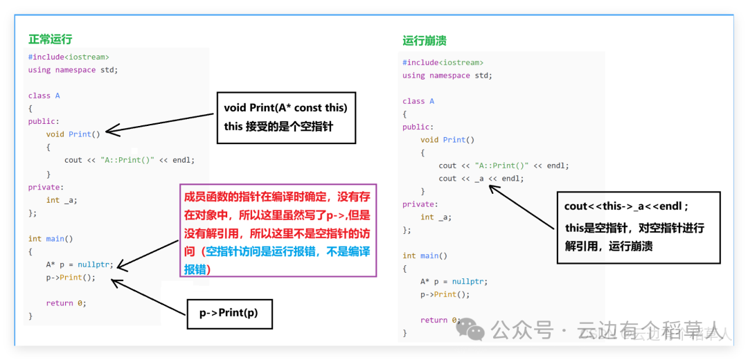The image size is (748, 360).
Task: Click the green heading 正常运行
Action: pos(50,39)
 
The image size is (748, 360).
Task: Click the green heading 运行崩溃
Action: pos(424,41)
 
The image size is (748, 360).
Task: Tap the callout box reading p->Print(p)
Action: pos(229,314)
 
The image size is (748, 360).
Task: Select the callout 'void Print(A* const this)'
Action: pos(286,118)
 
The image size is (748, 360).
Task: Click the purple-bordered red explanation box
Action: pos(278,231)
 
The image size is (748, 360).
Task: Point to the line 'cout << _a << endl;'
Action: pos(481,179)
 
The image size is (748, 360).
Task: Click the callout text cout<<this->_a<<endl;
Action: pos(627,206)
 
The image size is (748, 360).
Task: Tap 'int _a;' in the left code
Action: pos(62,200)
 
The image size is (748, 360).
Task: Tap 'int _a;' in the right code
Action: pos(436,217)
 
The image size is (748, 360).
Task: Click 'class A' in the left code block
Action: pos(44,96)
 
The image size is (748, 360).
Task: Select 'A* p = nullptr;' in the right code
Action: pos(454,281)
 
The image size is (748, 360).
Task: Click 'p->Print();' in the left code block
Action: pos(71,278)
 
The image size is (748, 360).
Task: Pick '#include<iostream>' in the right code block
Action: pos(443,62)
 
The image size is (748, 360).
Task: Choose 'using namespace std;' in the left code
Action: pos(73,70)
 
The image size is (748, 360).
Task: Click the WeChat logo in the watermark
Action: pos(470,330)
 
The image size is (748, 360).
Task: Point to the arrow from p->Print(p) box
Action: pos(148,298)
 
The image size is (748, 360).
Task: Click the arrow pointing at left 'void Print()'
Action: pos(159,123)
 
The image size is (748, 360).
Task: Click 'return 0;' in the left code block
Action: pos(66,303)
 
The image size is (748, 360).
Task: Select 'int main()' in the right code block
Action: pos(425,255)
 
